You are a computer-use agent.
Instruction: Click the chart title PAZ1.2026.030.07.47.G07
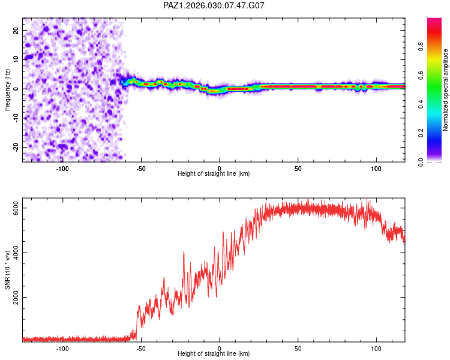click(x=214, y=5)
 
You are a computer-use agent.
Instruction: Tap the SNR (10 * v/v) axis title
click(x=7, y=271)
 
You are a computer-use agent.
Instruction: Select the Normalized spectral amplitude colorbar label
click(x=445, y=90)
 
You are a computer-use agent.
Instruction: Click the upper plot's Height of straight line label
click(x=214, y=173)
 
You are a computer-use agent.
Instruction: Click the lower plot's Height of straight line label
click(x=214, y=354)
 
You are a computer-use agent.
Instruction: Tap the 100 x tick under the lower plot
click(x=376, y=348)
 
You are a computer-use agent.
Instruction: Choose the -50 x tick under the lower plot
click(x=141, y=348)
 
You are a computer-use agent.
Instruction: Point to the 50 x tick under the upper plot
click(x=298, y=167)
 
